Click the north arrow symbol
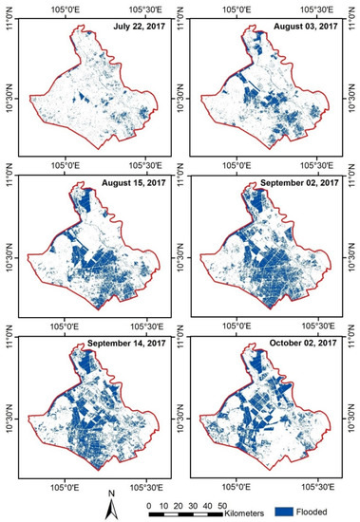pyautogui.click(x=111, y=508)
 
